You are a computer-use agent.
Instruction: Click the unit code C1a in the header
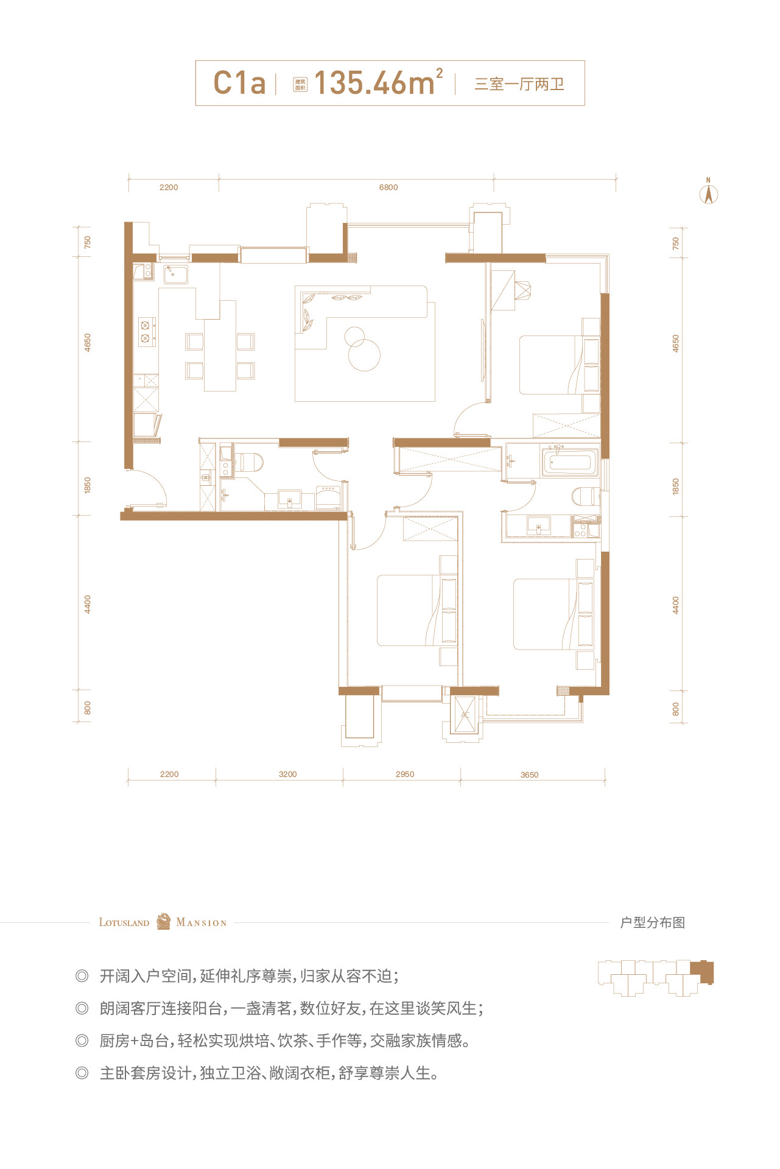click(x=239, y=83)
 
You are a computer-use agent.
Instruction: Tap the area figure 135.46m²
click(x=378, y=82)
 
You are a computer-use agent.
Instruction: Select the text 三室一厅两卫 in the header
click(x=519, y=84)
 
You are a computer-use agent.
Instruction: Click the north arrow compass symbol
click(x=709, y=191)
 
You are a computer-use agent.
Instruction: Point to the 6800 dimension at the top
click(x=388, y=188)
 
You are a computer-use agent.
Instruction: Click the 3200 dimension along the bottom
click(x=288, y=774)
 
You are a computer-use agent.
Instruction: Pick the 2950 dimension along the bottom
click(x=405, y=774)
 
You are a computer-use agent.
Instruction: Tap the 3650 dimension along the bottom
click(x=530, y=775)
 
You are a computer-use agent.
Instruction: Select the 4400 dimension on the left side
click(x=88, y=604)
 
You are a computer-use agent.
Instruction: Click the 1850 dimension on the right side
click(x=675, y=486)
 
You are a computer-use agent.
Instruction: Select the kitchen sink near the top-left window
click(x=175, y=275)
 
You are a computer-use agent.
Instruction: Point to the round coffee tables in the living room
click(x=362, y=349)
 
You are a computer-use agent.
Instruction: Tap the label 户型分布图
click(x=653, y=922)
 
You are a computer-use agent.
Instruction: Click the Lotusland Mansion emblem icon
click(x=163, y=921)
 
